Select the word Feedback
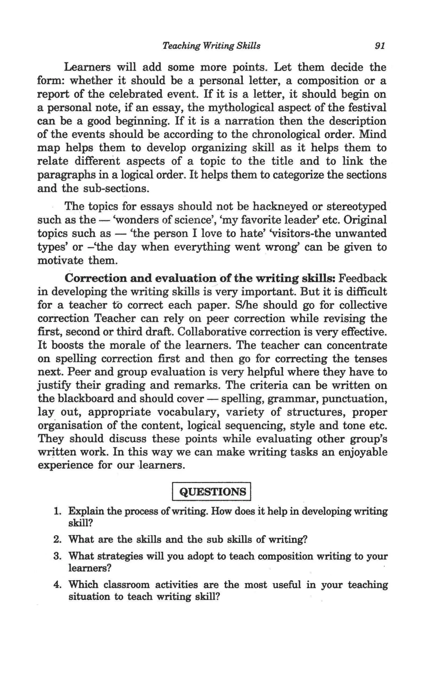point(363,278)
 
